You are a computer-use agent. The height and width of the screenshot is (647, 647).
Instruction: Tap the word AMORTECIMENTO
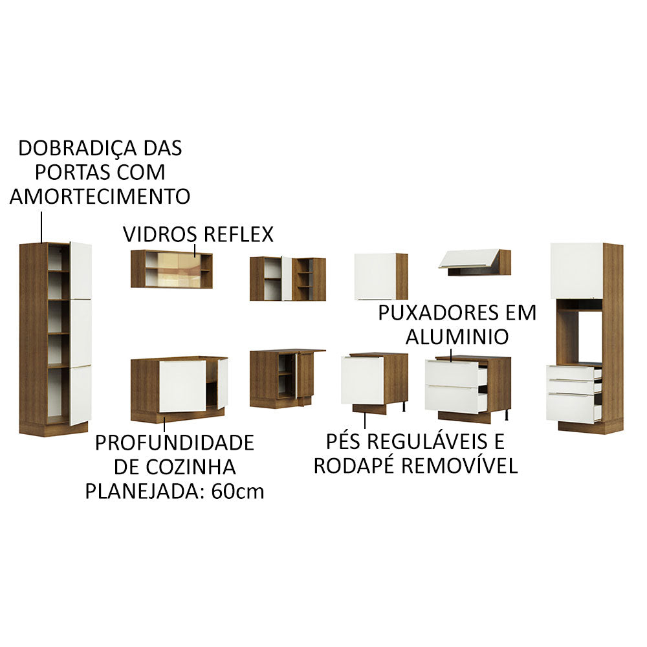(x=100, y=196)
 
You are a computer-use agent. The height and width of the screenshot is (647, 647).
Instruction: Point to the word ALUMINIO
(x=457, y=336)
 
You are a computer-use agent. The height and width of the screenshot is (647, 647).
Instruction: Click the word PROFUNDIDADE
(x=174, y=443)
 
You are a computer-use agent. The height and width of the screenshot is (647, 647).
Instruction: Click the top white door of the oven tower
(x=576, y=270)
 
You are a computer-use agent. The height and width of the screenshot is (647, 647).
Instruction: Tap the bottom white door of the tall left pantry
(x=80, y=395)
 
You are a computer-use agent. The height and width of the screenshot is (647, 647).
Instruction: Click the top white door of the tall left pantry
(x=80, y=270)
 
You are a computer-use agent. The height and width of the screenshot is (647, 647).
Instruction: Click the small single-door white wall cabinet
(x=375, y=276)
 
